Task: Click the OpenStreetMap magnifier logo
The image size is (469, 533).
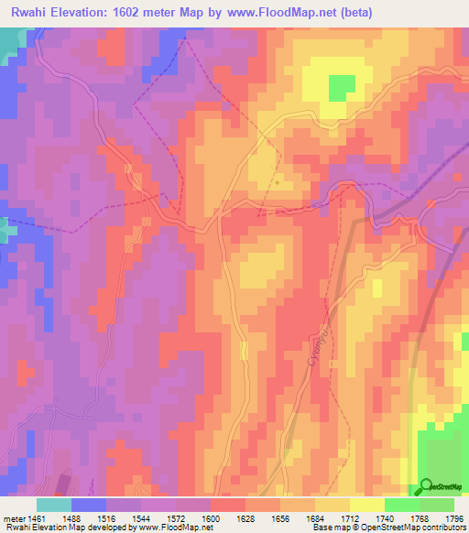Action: click(x=426, y=486)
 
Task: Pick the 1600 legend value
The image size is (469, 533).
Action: click(x=211, y=519)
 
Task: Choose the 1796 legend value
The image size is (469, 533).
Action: click(x=453, y=519)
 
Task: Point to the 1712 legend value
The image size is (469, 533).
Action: click(x=349, y=519)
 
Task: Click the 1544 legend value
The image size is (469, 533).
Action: click(x=141, y=519)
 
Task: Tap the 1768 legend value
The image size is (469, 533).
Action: click(x=419, y=519)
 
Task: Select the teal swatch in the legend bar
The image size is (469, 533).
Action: click(x=54, y=505)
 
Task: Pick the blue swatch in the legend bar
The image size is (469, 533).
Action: click(x=89, y=505)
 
